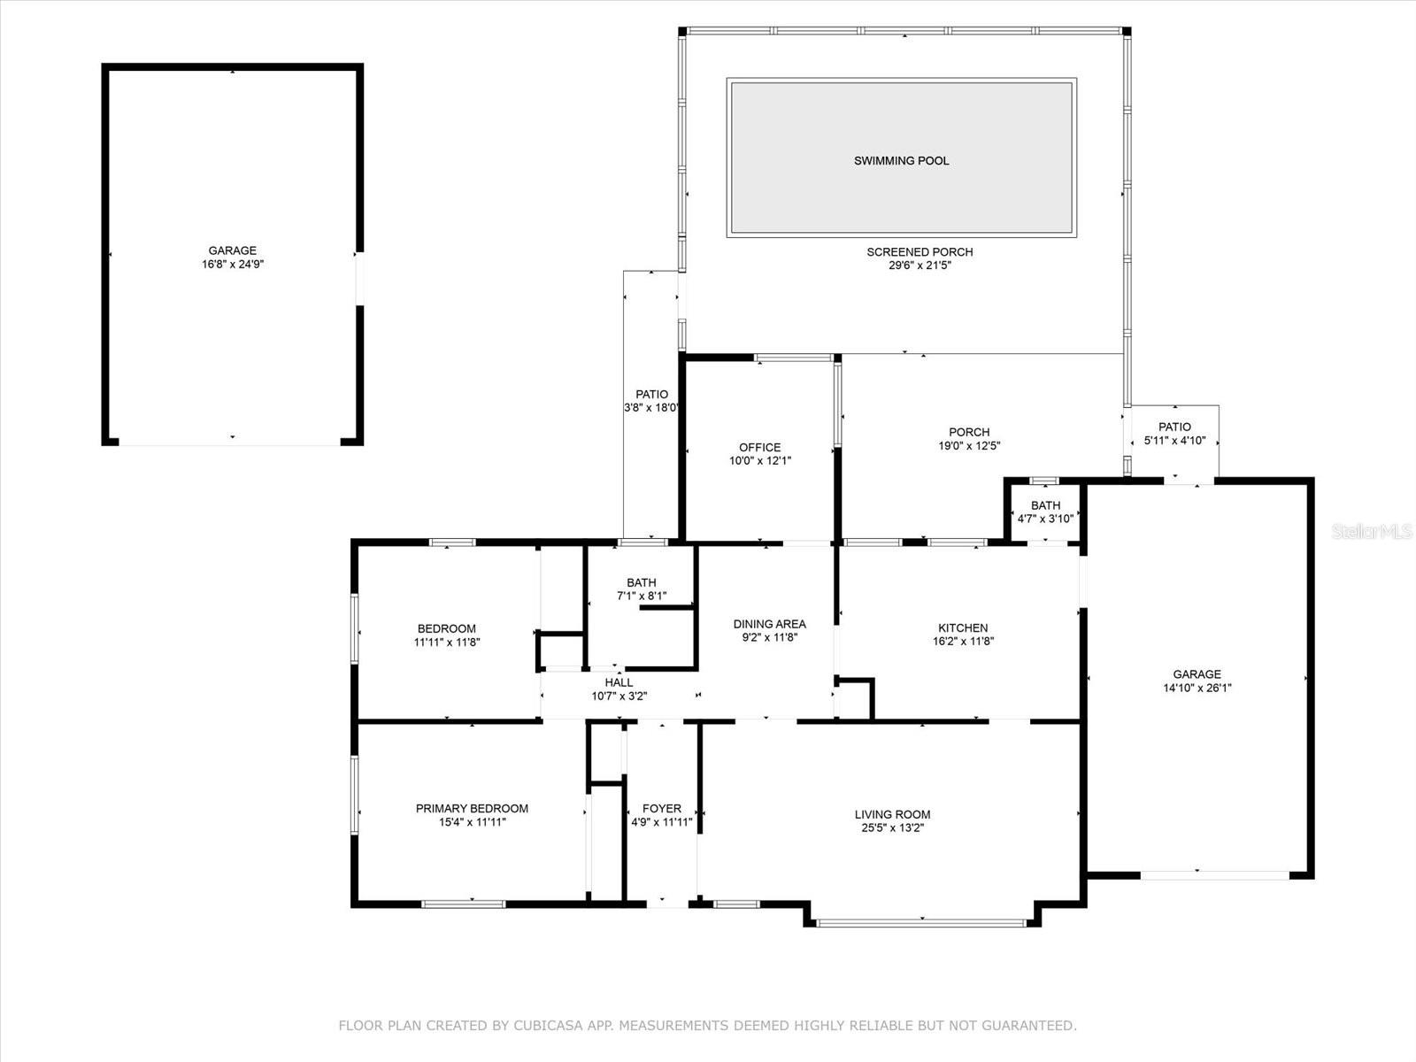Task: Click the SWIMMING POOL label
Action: tap(901, 161)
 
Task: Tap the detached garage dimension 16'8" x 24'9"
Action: tap(233, 265)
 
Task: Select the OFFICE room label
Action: tap(760, 448)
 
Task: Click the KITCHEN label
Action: tap(960, 628)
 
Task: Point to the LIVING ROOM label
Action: tap(892, 814)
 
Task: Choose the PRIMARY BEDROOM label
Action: tap(472, 808)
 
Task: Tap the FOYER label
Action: tap(662, 808)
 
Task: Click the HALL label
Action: tap(619, 682)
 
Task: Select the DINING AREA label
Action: tap(769, 624)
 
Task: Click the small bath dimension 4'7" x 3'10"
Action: tap(1045, 519)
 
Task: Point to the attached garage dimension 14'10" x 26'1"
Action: tap(1197, 688)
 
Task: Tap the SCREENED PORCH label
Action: tap(920, 252)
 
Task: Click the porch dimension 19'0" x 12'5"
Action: tap(969, 446)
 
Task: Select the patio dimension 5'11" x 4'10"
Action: tap(1174, 441)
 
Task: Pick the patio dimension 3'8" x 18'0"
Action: tap(651, 408)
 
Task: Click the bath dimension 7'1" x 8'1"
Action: tap(642, 596)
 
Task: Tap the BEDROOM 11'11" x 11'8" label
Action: tap(447, 629)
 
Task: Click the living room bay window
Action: tap(920, 923)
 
